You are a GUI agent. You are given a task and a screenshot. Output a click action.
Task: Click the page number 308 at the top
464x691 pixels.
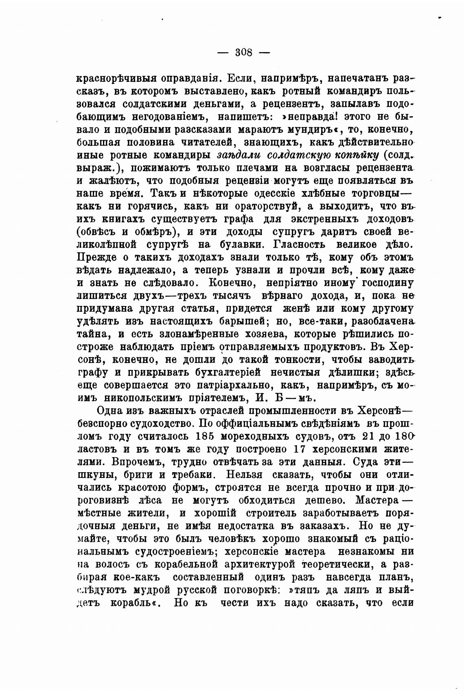point(244,53)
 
